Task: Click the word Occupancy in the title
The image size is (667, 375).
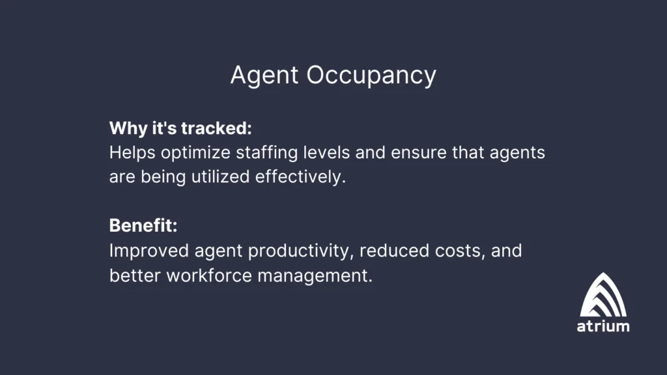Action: (x=371, y=76)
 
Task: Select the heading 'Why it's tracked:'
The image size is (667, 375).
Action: (x=180, y=128)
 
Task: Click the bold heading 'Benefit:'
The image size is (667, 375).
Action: (x=143, y=226)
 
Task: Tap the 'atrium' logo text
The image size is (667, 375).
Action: (x=603, y=326)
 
